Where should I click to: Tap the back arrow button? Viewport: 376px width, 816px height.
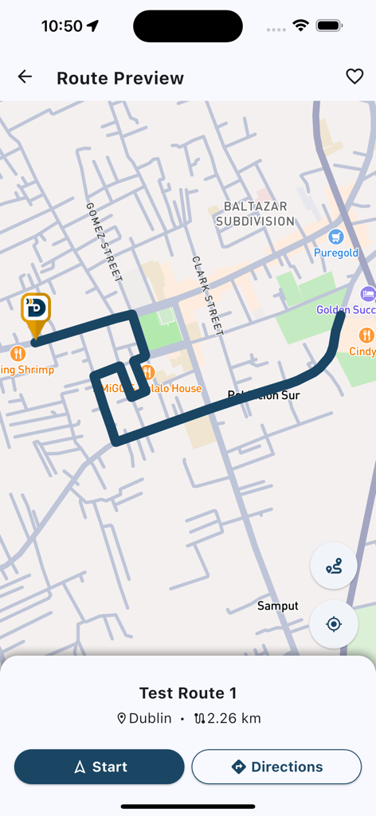25,76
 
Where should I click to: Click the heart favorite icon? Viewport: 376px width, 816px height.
354,76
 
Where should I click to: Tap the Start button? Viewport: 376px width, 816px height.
100,767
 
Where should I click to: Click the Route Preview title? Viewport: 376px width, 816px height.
120,78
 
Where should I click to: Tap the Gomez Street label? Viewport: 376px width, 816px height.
104,241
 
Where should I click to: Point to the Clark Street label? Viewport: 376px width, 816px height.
206,295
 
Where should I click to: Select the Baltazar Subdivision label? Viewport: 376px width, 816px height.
255,214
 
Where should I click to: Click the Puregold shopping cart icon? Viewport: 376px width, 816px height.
336,237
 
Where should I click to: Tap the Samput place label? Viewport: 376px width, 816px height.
278,606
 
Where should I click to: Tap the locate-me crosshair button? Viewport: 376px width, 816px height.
334,623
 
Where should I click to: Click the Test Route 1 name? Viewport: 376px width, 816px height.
188,693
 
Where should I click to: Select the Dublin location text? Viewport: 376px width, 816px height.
150,719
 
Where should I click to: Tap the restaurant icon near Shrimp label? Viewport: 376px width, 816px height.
18,353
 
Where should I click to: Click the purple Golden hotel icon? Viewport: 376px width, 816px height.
367,293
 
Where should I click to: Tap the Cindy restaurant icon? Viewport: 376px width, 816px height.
366,335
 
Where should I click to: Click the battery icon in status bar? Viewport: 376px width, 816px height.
329,25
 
